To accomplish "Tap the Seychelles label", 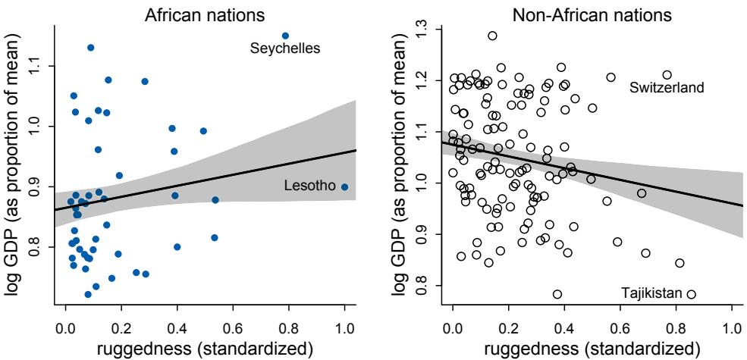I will tap(286, 49).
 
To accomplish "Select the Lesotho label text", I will tap(311, 186).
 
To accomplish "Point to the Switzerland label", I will tap(667, 88).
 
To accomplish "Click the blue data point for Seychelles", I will tap(285, 36).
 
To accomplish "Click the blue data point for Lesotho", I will tap(344, 186).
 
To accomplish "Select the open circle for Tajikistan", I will tap(691, 294).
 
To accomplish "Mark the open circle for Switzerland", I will tap(667, 75).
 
